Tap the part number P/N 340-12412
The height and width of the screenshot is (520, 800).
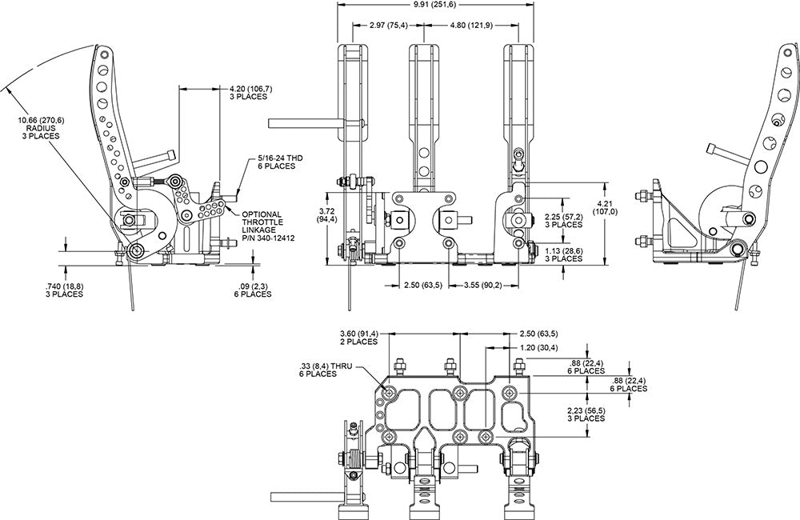tap(268, 238)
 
